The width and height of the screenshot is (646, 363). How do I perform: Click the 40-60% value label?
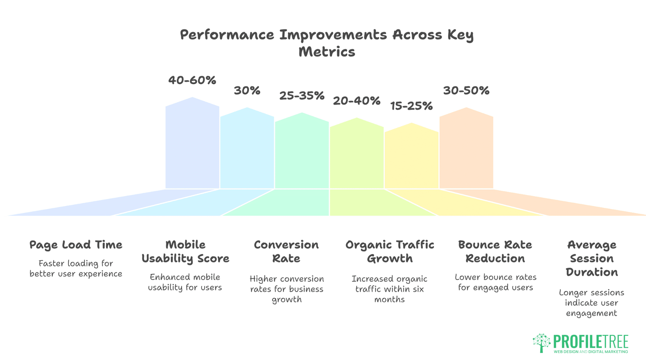pos(192,80)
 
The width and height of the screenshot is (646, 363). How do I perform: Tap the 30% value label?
pos(247,90)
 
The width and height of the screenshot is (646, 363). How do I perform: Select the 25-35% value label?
pos(302,95)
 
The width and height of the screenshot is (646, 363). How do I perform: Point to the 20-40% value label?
pos(357,101)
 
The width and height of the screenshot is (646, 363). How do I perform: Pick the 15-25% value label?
pos(411,106)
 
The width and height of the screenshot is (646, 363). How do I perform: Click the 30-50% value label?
pos(466,90)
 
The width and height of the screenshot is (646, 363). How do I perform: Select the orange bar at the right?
pos(466,151)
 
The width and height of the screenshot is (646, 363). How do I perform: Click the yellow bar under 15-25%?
pos(411,158)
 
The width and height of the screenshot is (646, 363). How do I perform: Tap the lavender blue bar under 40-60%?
pos(192,145)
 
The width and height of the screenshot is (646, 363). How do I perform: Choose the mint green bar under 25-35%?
pos(302,153)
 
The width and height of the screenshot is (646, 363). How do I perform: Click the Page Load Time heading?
pos(76,245)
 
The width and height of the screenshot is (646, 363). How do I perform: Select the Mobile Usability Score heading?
pos(185,251)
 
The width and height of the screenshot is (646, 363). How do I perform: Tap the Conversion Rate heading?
pos(286,251)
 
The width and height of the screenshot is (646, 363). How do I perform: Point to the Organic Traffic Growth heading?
pos(390,251)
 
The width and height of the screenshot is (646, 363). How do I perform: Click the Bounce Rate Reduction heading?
pos(495,251)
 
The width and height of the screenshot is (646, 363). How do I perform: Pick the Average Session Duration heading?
pos(591,258)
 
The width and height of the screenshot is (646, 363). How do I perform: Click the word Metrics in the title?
pos(327,52)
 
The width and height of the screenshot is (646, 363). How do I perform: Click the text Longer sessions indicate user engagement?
pos(591,303)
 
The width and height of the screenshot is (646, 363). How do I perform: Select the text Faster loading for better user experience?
pos(76,269)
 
